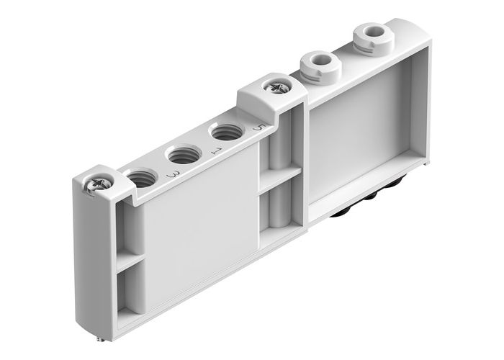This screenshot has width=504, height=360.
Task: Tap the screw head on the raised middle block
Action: click(276, 88)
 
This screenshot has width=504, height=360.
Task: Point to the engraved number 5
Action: click(260, 128)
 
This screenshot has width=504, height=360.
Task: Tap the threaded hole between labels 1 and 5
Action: click(226, 132)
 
